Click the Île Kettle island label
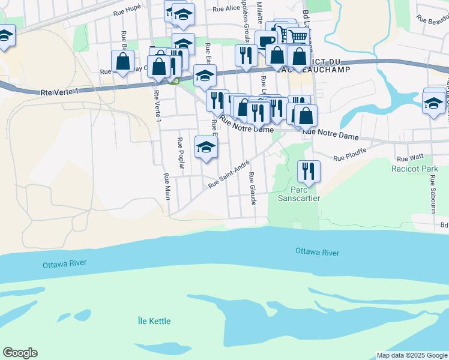tap(153, 321)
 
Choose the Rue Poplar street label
tap(180, 153)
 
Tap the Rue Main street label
tap(167, 187)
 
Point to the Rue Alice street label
tap(226, 8)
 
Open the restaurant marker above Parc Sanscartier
tap(309, 170)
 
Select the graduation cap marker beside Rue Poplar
tap(206, 146)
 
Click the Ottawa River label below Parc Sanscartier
tap(318, 252)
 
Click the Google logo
tap(20, 353)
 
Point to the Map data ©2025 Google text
tap(411, 355)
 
